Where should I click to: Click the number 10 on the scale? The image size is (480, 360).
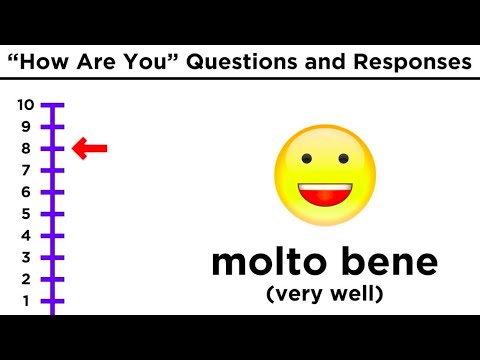25,105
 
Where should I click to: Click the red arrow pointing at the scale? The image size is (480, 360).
90,150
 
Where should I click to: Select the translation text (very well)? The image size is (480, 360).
325,295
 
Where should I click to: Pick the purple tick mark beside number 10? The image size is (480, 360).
53,105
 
